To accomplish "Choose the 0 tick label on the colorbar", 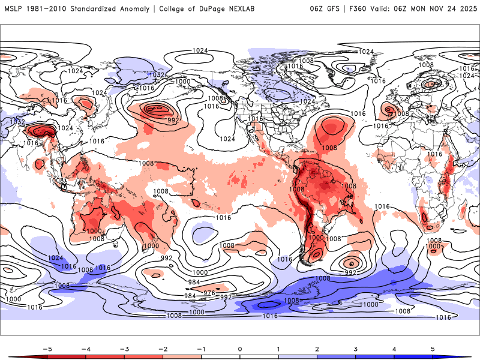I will coord(239,348).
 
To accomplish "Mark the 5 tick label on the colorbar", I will coord(433,348).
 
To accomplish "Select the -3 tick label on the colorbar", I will coord(124,348).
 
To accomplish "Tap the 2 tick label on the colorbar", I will coord(317,348).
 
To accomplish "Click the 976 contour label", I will coord(209,293).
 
